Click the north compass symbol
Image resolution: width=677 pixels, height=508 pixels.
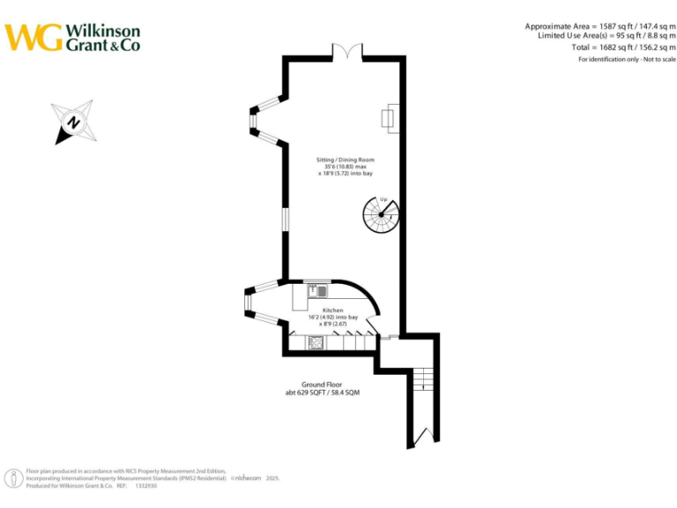point(74,123)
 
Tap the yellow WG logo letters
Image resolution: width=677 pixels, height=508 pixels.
point(33,37)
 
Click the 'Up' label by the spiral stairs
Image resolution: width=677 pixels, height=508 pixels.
point(383,200)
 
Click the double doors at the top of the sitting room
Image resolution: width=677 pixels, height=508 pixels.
point(346,52)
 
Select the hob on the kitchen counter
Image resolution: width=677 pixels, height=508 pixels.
point(315,341)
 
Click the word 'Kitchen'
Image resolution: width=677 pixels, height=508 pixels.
point(332,310)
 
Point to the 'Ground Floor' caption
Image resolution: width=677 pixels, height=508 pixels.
point(322,385)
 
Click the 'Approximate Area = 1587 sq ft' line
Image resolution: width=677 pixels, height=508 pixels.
point(600,26)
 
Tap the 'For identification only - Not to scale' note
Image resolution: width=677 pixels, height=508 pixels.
point(627,59)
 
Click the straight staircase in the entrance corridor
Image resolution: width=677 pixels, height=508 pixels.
point(423,379)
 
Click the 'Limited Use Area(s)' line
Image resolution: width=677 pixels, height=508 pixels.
point(606,36)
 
